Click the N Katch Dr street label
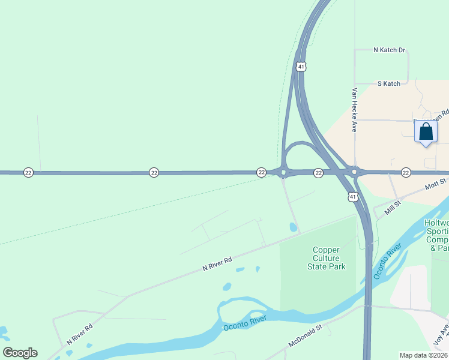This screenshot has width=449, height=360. (390, 50)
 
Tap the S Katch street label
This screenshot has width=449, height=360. (388, 84)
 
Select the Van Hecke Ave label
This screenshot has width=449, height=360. (355, 110)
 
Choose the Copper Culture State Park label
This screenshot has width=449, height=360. (327, 258)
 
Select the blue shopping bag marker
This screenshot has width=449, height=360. (426, 131)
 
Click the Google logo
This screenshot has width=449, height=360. (20, 353)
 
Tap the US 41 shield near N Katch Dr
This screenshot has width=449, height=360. (301, 67)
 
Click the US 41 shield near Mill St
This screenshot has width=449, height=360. (353, 196)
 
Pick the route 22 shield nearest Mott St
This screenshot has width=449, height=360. (406, 173)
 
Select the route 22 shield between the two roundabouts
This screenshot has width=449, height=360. (319, 173)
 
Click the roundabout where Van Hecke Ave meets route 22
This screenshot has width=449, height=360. (355, 172)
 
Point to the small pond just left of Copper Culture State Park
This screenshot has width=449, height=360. (293, 227)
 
